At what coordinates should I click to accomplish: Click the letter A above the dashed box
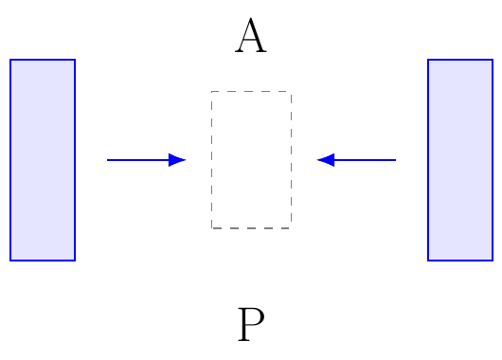pyautogui.click(x=251, y=35)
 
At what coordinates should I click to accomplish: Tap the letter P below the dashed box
pyautogui.click(x=251, y=324)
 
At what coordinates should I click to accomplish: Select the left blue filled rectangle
pyautogui.click(x=43, y=160)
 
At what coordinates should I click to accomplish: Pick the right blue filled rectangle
pyautogui.click(x=460, y=160)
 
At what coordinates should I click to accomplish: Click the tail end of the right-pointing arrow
pyautogui.click(x=107, y=160)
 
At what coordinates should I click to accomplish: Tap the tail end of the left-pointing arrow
pyautogui.click(x=396, y=160)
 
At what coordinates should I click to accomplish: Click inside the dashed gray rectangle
pyautogui.click(x=251, y=160)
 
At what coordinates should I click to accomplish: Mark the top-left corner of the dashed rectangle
pyautogui.click(x=211, y=92)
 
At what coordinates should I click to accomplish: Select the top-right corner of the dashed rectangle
pyautogui.click(x=292, y=92)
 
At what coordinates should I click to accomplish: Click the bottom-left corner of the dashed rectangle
pyautogui.click(x=211, y=228)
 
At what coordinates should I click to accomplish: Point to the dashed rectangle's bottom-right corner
pyautogui.click(x=292, y=228)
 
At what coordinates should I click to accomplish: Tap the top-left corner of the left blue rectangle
pyautogui.click(x=10, y=60)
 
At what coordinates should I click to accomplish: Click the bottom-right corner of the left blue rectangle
pyautogui.click(x=75, y=261)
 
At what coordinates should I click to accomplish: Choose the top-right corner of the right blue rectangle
pyautogui.click(x=493, y=60)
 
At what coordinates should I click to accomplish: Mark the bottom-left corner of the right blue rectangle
pyautogui.click(x=428, y=261)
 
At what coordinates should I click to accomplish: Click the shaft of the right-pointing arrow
pyautogui.click(x=138, y=160)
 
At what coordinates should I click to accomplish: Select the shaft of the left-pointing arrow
pyautogui.click(x=365, y=160)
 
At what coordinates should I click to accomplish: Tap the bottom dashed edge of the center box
pyautogui.click(x=251, y=228)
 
